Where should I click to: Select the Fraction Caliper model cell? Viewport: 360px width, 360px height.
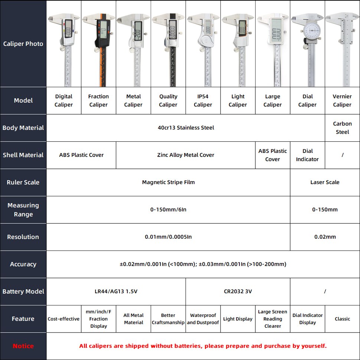[x=98, y=101]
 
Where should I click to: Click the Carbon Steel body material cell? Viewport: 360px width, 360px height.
[x=342, y=128]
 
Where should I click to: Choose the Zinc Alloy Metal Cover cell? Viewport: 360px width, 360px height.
[x=186, y=155]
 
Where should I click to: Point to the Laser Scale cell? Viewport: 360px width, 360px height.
[x=325, y=182]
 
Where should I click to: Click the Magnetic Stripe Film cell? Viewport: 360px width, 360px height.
[x=168, y=182]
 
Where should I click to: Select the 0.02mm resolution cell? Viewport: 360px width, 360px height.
[x=325, y=237]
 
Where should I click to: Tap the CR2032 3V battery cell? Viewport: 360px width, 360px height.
[x=238, y=291]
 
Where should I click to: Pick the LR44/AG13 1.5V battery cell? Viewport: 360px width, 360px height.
[x=116, y=291]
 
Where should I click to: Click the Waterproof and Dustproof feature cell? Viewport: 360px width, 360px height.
[x=203, y=319]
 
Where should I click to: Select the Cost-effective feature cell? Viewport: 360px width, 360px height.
[x=63, y=319]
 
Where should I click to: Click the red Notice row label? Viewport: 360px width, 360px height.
[x=23, y=346]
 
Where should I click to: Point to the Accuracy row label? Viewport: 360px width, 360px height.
[x=23, y=264]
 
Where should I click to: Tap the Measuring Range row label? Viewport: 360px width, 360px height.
[x=23, y=210]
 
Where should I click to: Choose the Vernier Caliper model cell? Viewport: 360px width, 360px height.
[x=342, y=101]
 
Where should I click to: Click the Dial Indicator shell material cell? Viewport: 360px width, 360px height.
[x=307, y=155]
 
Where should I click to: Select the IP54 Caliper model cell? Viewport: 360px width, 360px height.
[x=203, y=101]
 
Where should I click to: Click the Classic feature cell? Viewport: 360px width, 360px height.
[x=342, y=319]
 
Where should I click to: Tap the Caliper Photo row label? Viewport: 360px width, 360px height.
[x=23, y=44]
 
